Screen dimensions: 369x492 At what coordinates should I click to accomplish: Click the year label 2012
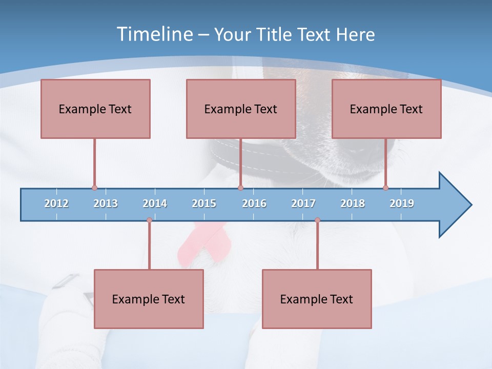[56, 203]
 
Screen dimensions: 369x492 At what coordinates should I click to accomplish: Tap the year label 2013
[106, 203]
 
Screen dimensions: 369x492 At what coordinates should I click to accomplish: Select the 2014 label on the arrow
[155, 203]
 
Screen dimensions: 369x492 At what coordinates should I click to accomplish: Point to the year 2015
[204, 203]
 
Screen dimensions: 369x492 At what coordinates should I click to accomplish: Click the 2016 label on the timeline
[254, 203]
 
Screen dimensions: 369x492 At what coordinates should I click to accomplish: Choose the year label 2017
[303, 203]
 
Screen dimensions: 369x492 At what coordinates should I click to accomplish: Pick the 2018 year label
[353, 203]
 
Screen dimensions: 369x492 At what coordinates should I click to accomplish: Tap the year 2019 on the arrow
[402, 203]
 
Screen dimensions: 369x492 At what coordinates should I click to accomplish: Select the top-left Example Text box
[95, 109]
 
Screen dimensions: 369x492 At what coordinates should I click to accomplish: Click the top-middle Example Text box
[241, 109]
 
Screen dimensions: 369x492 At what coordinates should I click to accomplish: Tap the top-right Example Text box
[386, 109]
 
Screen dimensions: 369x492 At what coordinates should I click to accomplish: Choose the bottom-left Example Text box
[149, 299]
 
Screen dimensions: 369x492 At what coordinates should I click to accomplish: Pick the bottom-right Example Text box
[317, 299]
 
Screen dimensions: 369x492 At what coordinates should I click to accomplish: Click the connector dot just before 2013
[94, 188]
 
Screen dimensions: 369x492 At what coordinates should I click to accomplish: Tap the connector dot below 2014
[149, 220]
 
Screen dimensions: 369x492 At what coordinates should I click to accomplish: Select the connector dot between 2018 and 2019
[385, 188]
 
